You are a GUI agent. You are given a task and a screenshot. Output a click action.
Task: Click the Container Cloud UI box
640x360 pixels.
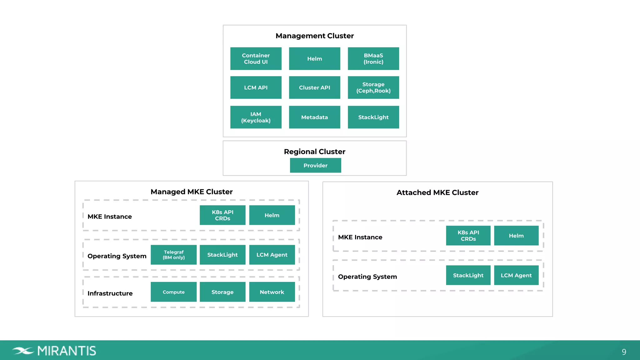256,59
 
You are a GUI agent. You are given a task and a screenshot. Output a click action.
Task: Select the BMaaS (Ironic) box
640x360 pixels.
373,59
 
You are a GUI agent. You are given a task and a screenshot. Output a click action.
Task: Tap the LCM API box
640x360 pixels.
256,87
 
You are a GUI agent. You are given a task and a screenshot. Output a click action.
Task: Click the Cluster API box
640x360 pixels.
314,87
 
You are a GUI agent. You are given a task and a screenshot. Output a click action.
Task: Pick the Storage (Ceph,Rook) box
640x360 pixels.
373,87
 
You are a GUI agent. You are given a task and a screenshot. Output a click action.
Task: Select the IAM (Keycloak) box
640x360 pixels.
256,117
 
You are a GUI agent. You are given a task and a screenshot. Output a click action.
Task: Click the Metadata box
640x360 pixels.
314,117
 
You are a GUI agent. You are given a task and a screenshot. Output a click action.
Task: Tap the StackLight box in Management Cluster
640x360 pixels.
373,117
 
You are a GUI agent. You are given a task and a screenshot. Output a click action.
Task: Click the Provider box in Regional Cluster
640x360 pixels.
315,165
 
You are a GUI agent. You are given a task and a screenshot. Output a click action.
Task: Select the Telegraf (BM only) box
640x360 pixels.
173,255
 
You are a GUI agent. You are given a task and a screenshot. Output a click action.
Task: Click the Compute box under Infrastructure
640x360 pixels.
173,292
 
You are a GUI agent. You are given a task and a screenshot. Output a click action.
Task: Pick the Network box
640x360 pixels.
272,292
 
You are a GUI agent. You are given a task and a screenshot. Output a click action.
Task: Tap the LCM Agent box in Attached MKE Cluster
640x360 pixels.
516,275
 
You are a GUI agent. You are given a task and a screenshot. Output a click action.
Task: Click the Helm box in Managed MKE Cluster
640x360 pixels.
272,215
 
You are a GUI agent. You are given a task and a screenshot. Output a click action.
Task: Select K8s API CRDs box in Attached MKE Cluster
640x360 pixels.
468,236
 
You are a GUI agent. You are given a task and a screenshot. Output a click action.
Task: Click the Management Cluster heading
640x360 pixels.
314,36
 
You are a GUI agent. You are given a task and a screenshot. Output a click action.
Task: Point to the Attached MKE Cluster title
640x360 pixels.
437,192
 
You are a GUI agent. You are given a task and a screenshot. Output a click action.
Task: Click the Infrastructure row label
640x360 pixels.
110,293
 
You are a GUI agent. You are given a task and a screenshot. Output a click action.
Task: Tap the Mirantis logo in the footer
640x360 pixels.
54,351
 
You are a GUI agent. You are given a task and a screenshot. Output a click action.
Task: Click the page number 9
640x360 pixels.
624,352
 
